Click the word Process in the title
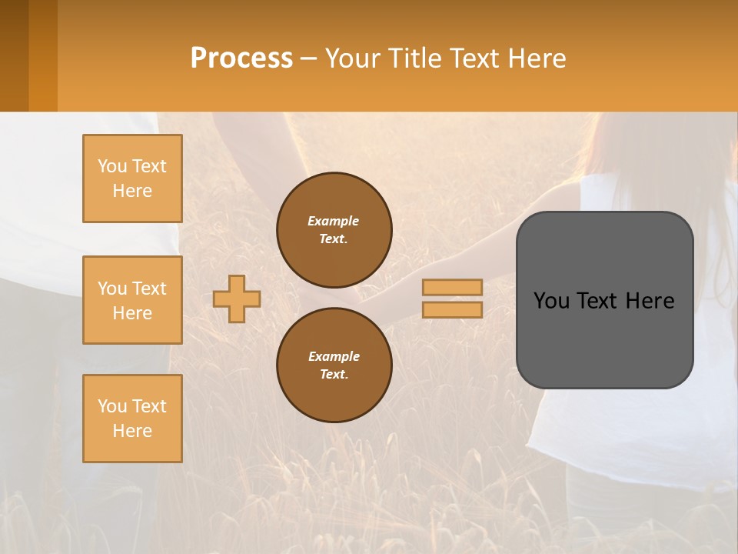point(241,58)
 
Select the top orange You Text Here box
point(132,179)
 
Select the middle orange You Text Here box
point(132,300)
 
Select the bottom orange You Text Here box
point(132,418)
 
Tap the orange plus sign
point(237,299)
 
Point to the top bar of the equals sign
point(452,287)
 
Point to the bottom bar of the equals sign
point(452,309)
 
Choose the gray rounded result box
point(604,339)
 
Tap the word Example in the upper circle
point(334,221)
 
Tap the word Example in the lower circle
point(334,356)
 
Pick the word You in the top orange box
point(112,166)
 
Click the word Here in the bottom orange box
point(132,431)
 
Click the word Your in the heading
point(354,58)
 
